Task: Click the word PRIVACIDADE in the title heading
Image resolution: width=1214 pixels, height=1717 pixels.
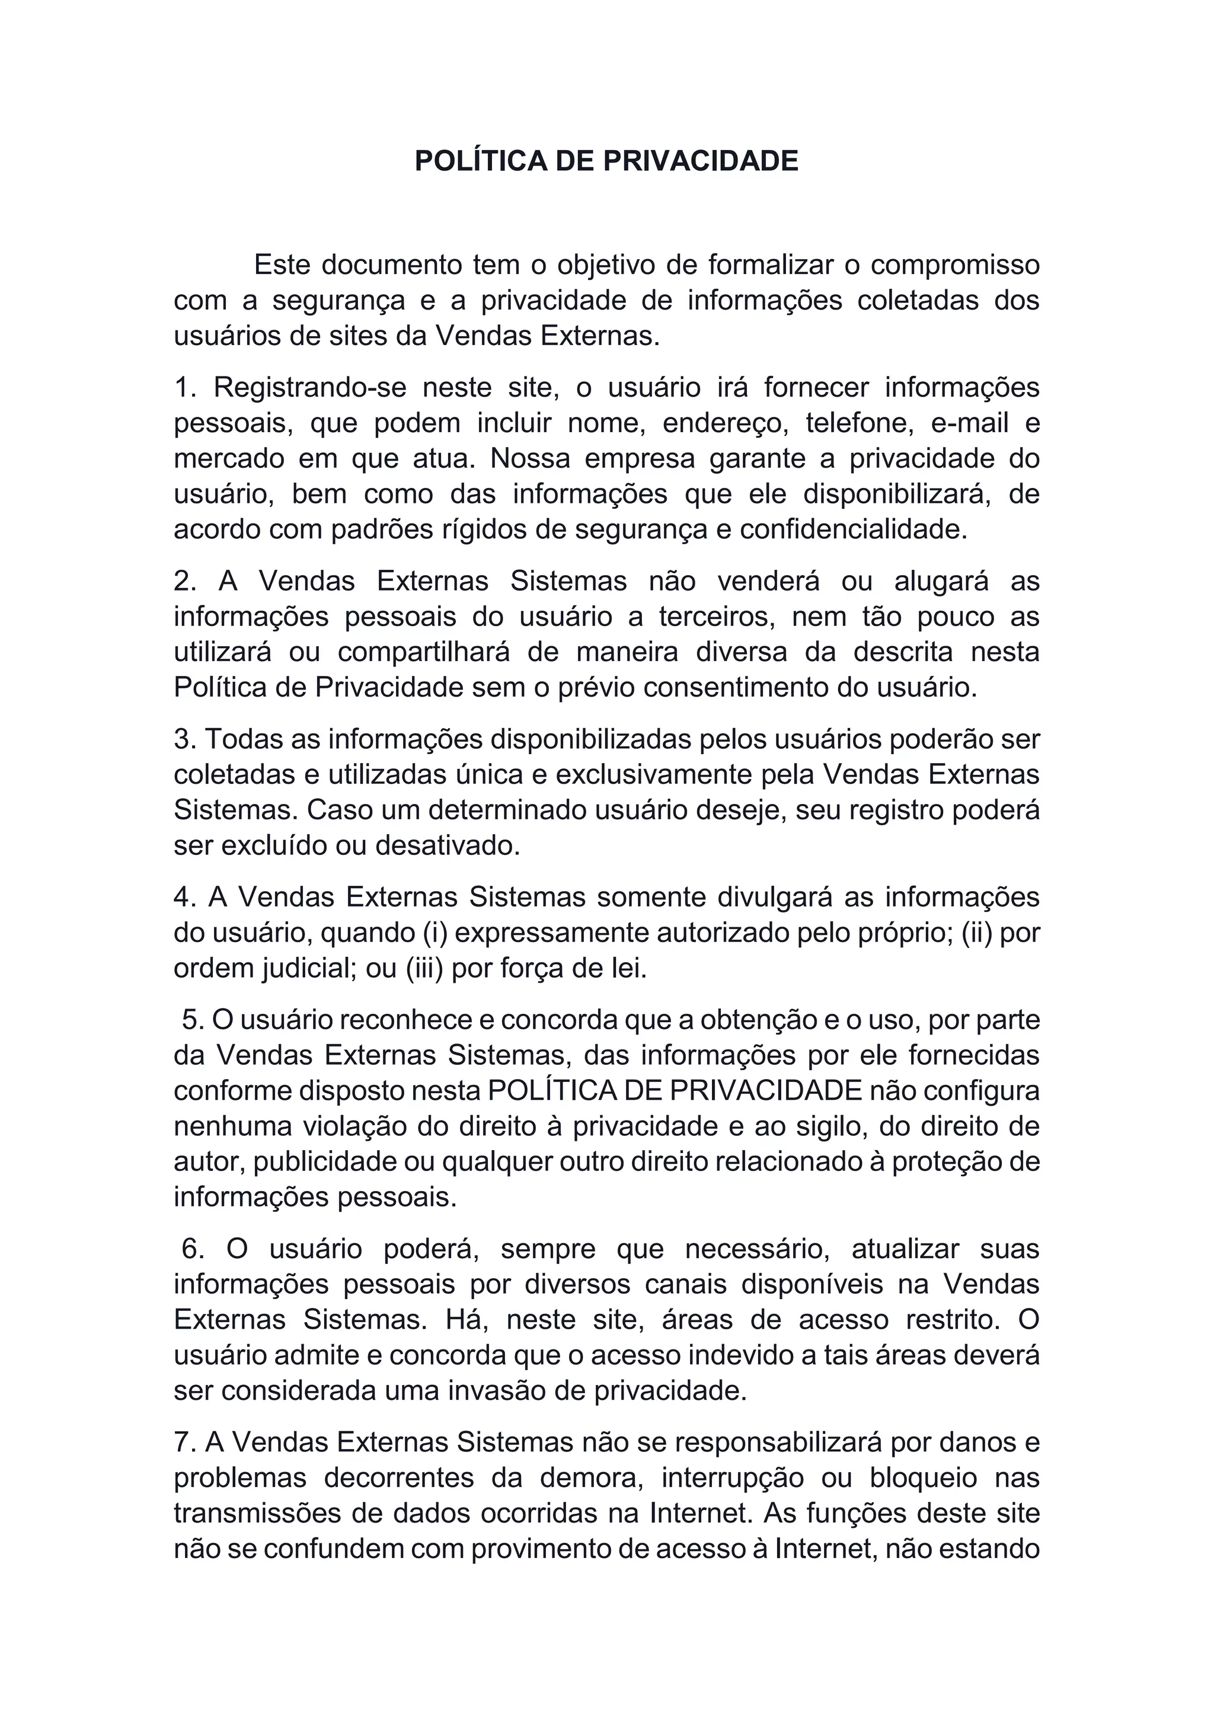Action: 701,161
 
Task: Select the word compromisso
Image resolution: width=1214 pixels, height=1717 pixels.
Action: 954,265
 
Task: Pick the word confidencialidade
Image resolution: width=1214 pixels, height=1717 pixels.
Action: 853,529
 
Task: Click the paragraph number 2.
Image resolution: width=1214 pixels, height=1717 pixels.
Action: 183,581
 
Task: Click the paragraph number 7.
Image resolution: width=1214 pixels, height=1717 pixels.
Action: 183,1442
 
